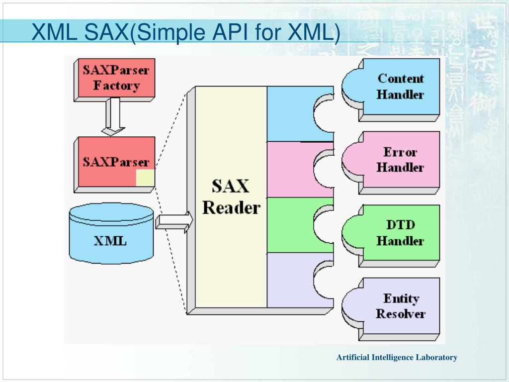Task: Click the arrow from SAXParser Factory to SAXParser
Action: [114, 116]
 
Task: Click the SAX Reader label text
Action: [231, 197]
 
